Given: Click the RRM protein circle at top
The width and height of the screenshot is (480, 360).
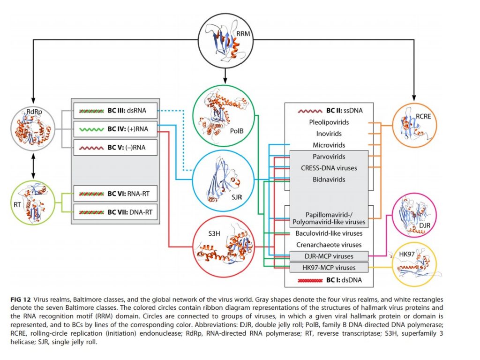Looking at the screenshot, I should pos(225,40).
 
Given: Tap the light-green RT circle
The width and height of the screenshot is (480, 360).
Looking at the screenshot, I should pos(33,202).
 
